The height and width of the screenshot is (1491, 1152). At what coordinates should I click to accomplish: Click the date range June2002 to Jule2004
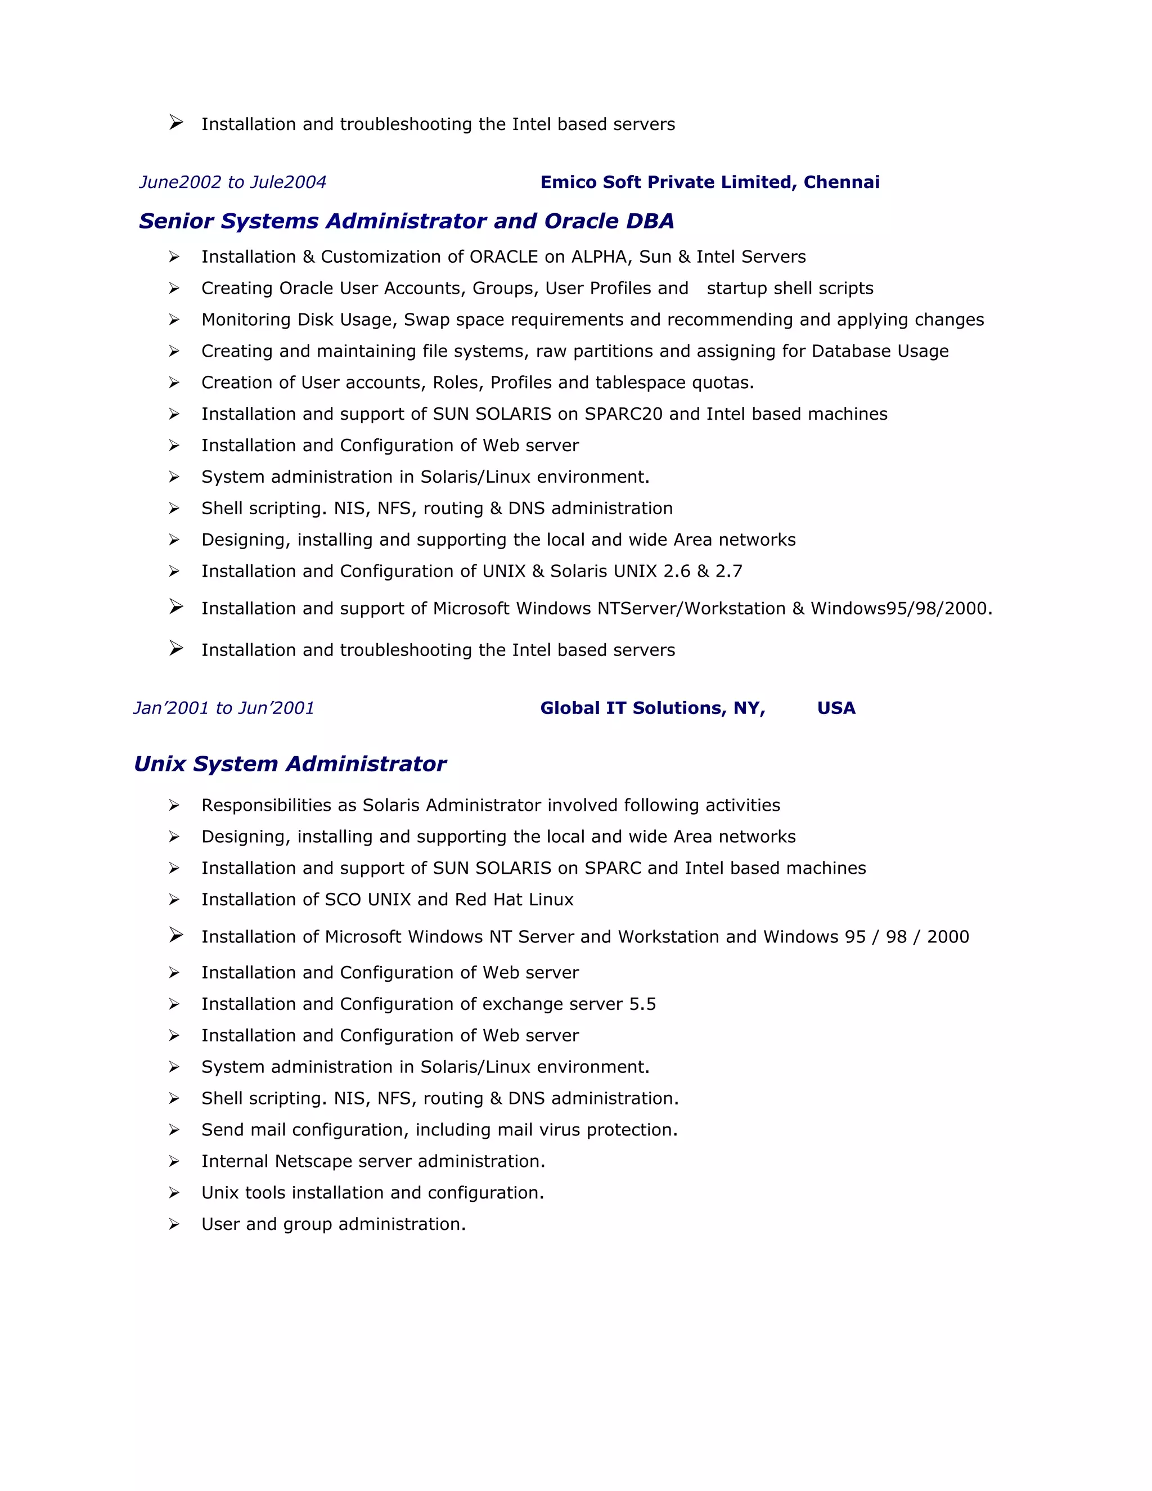pyautogui.click(x=233, y=182)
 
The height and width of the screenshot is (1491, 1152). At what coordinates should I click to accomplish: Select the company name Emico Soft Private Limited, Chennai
pyautogui.click(x=710, y=182)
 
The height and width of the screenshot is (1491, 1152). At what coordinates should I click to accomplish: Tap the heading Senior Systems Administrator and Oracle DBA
pyautogui.click(x=406, y=221)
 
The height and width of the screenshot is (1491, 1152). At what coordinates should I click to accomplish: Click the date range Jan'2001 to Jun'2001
pyautogui.click(x=224, y=708)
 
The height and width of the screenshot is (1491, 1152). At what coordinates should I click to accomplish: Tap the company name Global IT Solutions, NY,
pyautogui.click(x=652, y=708)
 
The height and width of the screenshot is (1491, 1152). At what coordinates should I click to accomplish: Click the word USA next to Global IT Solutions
pyautogui.click(x=836, y=708)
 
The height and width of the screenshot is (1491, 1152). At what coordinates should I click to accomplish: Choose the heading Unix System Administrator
pyautogui.click(x=290, y=764)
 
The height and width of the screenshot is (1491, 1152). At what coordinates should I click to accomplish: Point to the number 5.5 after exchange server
pyautogui.click(x=642, y=1004)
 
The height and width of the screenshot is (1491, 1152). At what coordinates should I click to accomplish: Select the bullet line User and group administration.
pyautogui.click(x=333, y=1224)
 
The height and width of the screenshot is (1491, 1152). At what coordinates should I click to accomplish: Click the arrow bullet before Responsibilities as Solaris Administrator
pyautogui.click(x=175, y=806)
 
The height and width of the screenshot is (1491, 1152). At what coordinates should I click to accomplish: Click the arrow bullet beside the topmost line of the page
pyautogui.click(x=176, y=123)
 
